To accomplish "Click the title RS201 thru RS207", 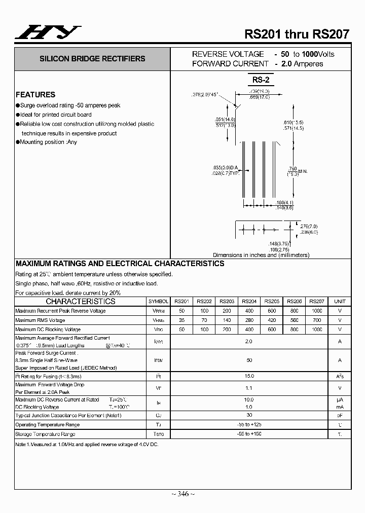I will [297, 34].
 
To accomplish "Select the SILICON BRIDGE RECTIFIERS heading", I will [92, 59].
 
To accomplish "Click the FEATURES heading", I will [35, 95].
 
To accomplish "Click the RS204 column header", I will [249, 301].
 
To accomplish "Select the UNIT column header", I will [340, 301].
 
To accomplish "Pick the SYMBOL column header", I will [158, 301].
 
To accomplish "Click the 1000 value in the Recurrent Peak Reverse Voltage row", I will [317, 311].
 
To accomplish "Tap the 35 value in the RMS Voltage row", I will [181, 320].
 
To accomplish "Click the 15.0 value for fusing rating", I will [249, 376].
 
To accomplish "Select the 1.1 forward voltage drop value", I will [249, 388].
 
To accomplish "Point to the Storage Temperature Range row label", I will [45, 434].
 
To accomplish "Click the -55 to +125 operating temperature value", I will [249, 425].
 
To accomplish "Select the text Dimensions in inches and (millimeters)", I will [261, 255].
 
